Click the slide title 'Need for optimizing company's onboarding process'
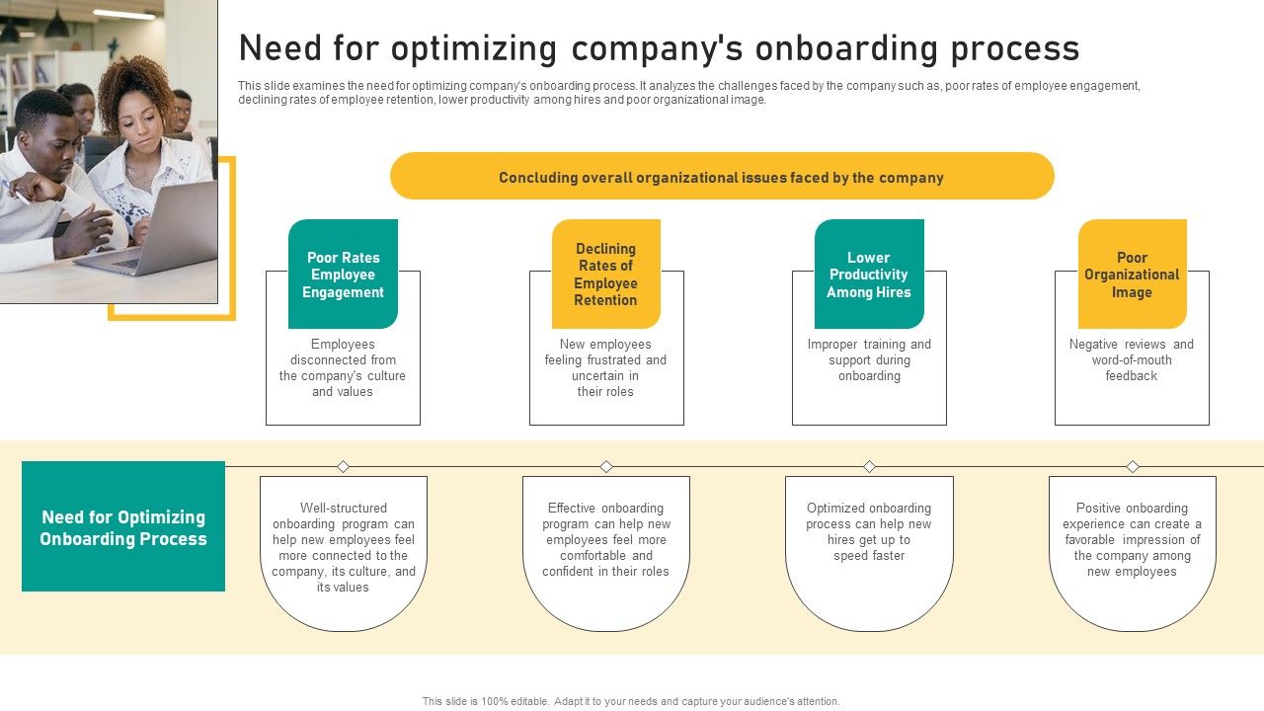click(x=659, y=48)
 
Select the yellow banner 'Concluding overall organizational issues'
click(x=722, y=178)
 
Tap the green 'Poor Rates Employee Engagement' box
click(x=343, y=275)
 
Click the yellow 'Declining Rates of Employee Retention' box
click(x=605, y=275)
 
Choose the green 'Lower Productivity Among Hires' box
click(x=869, y=275)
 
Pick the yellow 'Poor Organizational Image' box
click(x=1132, y=275)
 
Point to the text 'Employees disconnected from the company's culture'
click(x=343, y=368)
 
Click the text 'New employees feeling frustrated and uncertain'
click(x=605, y=368)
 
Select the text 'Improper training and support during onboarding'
click(x=869, y=360)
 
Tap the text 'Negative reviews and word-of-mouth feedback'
click(x=1132, y=360)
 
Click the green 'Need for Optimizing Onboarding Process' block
click(x=123, y=527)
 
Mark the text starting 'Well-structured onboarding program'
click(x=344, y=548)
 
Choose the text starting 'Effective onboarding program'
click(x=606, y=540)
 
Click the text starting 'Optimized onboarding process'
click(x=869, y=532)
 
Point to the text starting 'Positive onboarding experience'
click(x=1132, y=540)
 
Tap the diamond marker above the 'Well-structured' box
click(x=344, y=466)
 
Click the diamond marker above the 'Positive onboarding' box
click(x=1133, y=466)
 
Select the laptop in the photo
click(x=158, y=232)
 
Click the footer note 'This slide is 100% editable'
click(x=631, y=701)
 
